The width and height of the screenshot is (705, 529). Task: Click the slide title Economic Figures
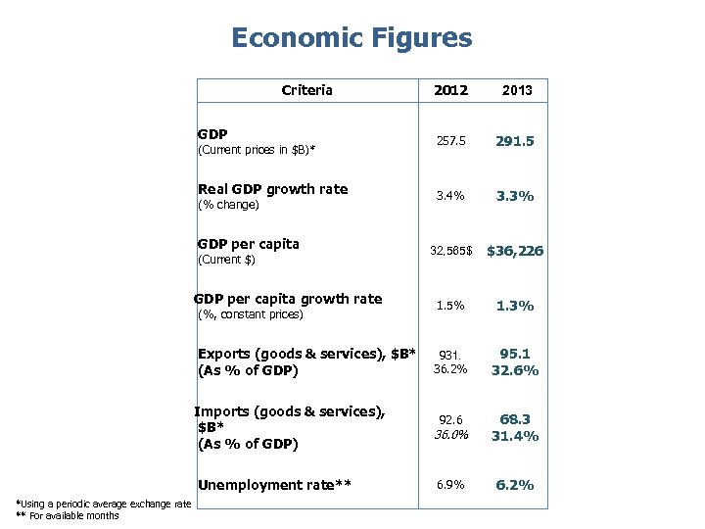pyautogui.click(x=352, y=38)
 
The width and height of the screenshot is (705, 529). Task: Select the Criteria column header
pyautogui.click(x=306, y=90)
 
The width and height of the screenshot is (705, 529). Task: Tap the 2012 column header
pyautogui.click(x=451, y=90)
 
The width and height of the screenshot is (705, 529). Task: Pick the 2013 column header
pyautogui.click(x=516, y=90)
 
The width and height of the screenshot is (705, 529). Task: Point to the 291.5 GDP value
pyautogui.click(x=515, y=141)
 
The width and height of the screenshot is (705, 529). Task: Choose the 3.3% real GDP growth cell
pyautogui.click(x=515, y=196)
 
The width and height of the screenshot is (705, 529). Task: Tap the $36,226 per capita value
pyautogui.click(x=515, y=251)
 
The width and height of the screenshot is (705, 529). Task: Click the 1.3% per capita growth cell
pyautogui.click(x=515, y=306)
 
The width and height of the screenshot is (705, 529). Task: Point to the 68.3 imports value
pyautogui.click(x=515, y=419)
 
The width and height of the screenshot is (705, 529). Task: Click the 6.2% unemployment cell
pyautogui.click(x=515, y=485)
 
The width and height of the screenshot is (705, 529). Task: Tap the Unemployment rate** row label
pyautogui.click(x=274, y=485)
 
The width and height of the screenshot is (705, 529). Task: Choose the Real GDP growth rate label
pyautogui.click(x=272, y=189)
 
